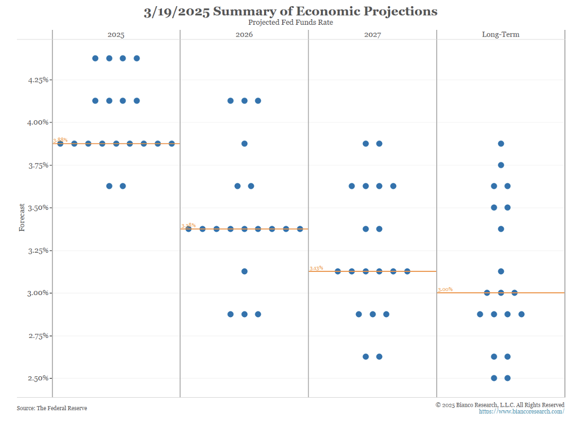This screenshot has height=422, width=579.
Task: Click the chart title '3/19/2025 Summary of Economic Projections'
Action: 290,11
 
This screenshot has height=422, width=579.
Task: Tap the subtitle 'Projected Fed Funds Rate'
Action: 289,22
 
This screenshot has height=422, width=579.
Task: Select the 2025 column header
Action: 116,34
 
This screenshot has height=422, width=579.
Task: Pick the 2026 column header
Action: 244,34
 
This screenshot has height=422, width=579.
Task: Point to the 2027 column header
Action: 372,34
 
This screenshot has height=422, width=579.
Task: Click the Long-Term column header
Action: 501,34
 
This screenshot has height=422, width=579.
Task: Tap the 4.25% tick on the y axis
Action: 38,80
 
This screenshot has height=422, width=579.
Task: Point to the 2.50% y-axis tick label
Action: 38,378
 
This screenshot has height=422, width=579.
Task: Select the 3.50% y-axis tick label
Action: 38,208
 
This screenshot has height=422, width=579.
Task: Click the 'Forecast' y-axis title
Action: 22,218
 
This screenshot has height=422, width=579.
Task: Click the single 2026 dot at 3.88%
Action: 244,143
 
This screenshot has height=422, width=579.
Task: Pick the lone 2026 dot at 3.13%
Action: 244,271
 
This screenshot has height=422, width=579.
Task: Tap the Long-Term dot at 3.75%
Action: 501,165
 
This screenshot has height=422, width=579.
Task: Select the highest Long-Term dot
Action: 501,143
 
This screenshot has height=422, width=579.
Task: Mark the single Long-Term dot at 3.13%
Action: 501,271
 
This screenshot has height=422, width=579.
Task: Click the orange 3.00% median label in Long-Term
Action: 445,289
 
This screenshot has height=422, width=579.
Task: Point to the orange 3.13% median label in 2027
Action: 316,268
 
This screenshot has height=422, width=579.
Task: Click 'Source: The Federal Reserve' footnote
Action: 52,408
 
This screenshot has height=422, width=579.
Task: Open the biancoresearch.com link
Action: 521,411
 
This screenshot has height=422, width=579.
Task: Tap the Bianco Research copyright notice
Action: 500,405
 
